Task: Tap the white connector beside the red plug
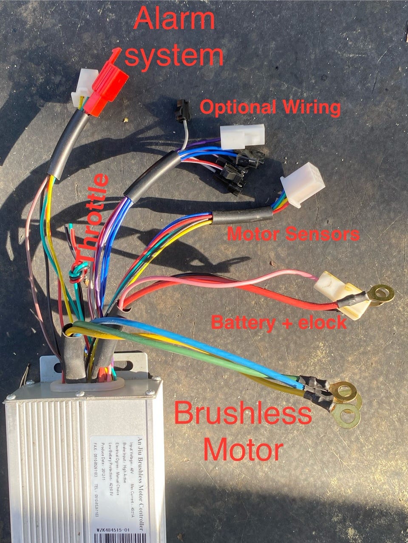point(82,90)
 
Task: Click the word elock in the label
point(323,322)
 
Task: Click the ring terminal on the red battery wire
point(381,294)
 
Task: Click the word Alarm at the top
point(175,19)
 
